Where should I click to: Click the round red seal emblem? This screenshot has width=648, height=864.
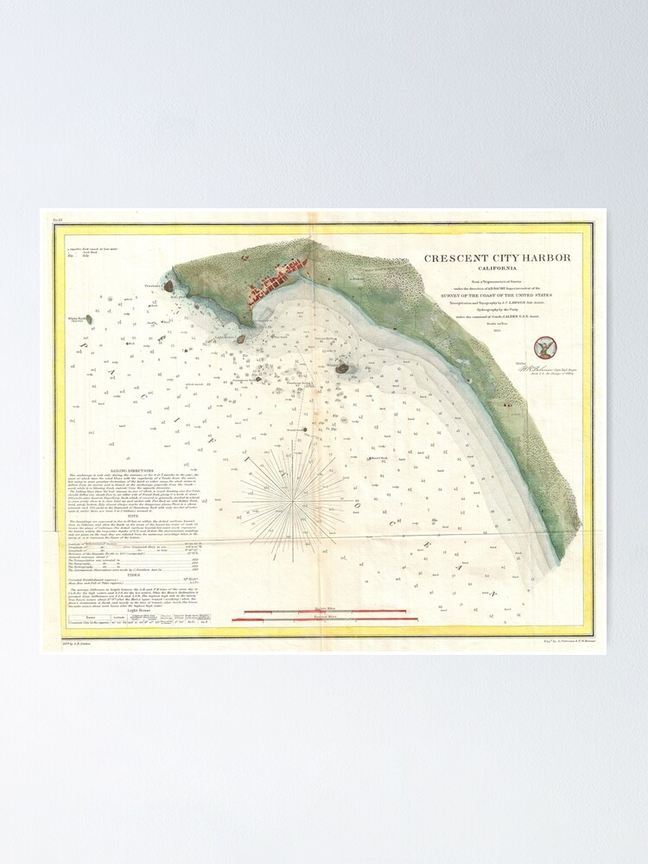(545, 348)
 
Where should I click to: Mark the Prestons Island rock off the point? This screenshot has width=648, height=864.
(168, 286)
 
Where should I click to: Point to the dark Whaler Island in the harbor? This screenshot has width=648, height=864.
(342, 368)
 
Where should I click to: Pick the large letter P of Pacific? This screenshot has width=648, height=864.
(84, 345)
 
